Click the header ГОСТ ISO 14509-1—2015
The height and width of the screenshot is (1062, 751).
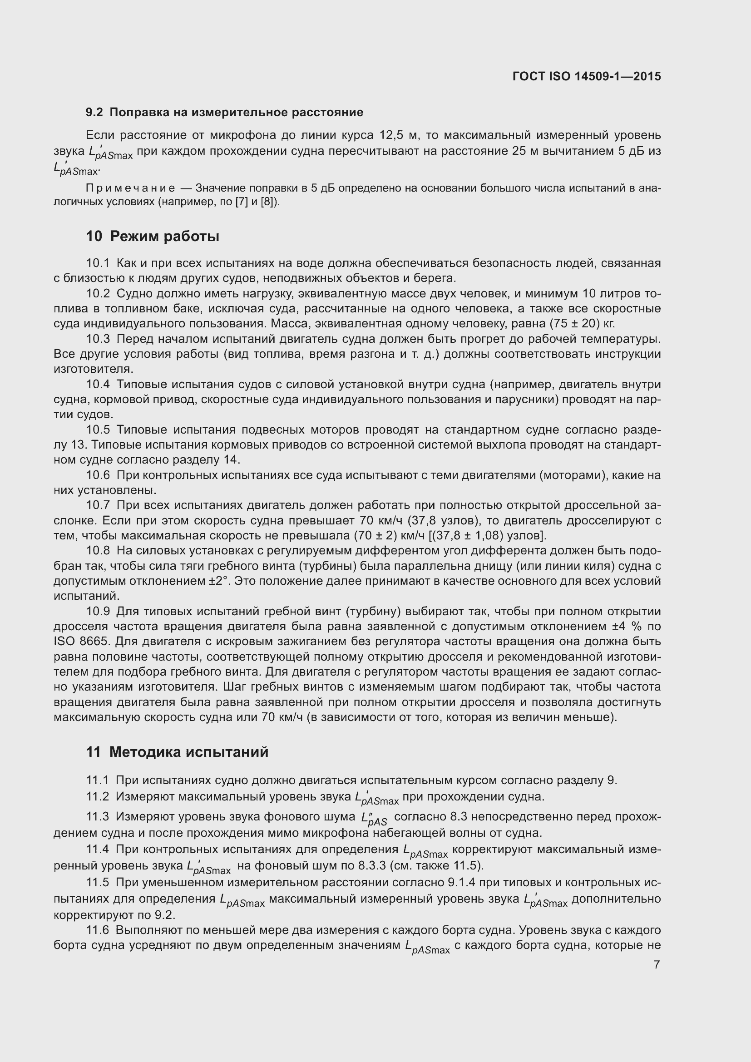coord(586,76)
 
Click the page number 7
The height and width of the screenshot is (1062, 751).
coord(657,964)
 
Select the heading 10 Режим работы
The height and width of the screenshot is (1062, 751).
coord(153,237)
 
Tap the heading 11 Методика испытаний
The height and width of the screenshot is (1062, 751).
coord(177,751)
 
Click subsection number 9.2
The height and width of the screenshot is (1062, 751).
coord(95,113)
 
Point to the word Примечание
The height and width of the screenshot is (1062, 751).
coord(130,188)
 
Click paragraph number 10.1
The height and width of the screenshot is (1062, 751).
coord(98,263)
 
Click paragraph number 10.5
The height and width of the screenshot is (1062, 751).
coord(98,430)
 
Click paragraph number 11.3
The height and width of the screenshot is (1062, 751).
coord(98,817)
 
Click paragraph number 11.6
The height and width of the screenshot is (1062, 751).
coord(98,930)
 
